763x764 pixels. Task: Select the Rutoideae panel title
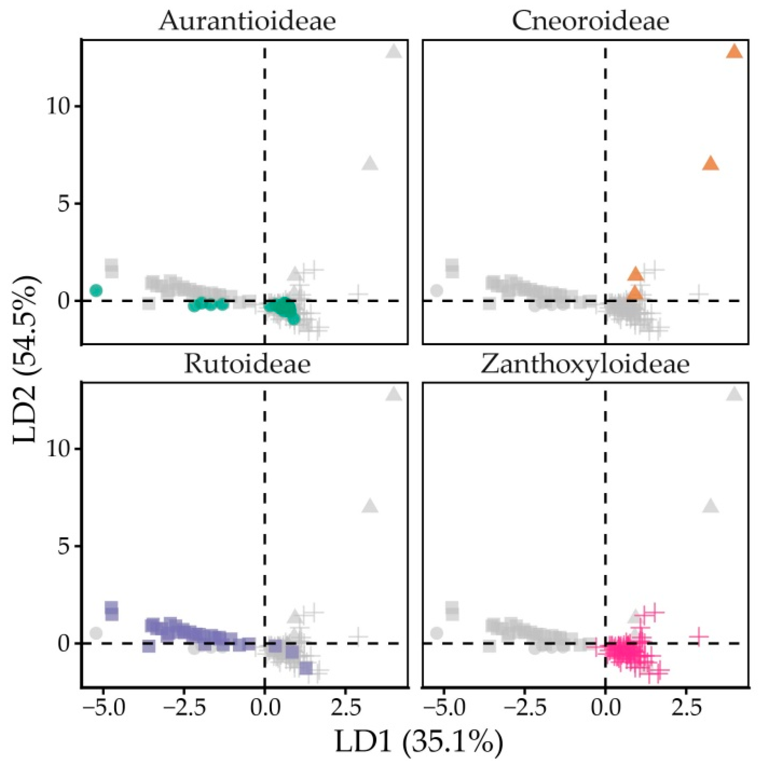pos(247,364)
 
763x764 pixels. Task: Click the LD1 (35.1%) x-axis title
pos(419,743)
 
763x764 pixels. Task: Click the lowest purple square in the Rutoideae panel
pos(306,668)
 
